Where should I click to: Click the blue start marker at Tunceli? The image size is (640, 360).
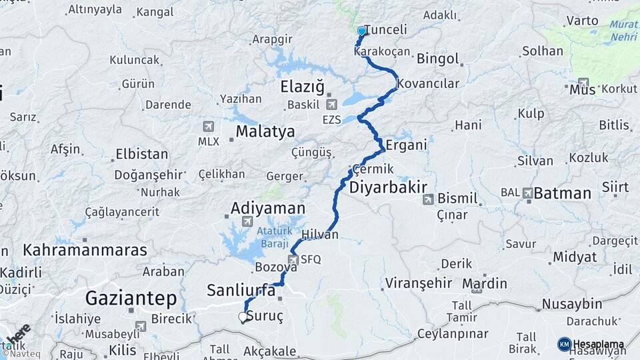tap(362, 31)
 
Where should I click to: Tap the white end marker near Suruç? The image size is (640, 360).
tap(243, 318)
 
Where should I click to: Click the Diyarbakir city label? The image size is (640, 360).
tap(388, 186)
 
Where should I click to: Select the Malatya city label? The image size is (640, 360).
tap(265, 131)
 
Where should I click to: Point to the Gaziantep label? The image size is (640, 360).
tap(131, 297)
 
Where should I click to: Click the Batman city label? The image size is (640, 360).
tap(563, 193)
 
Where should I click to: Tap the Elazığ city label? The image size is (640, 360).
tap(302, 86)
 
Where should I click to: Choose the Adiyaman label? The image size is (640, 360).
tap(268, 209)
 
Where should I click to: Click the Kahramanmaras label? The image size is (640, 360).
tap(85, 251)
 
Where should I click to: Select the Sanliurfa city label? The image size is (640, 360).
tap(242, 289)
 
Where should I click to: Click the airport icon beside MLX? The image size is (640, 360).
tap(208, 126)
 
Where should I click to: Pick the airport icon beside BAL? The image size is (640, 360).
tap(529, 193)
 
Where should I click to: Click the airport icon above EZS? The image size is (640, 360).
tap(331, 104)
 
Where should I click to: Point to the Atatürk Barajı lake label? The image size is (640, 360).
tap(273, 237)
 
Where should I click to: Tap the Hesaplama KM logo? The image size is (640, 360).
tap(565, 344)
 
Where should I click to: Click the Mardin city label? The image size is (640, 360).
tap(489, 283)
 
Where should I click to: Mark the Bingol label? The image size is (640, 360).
tap(438, 59)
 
